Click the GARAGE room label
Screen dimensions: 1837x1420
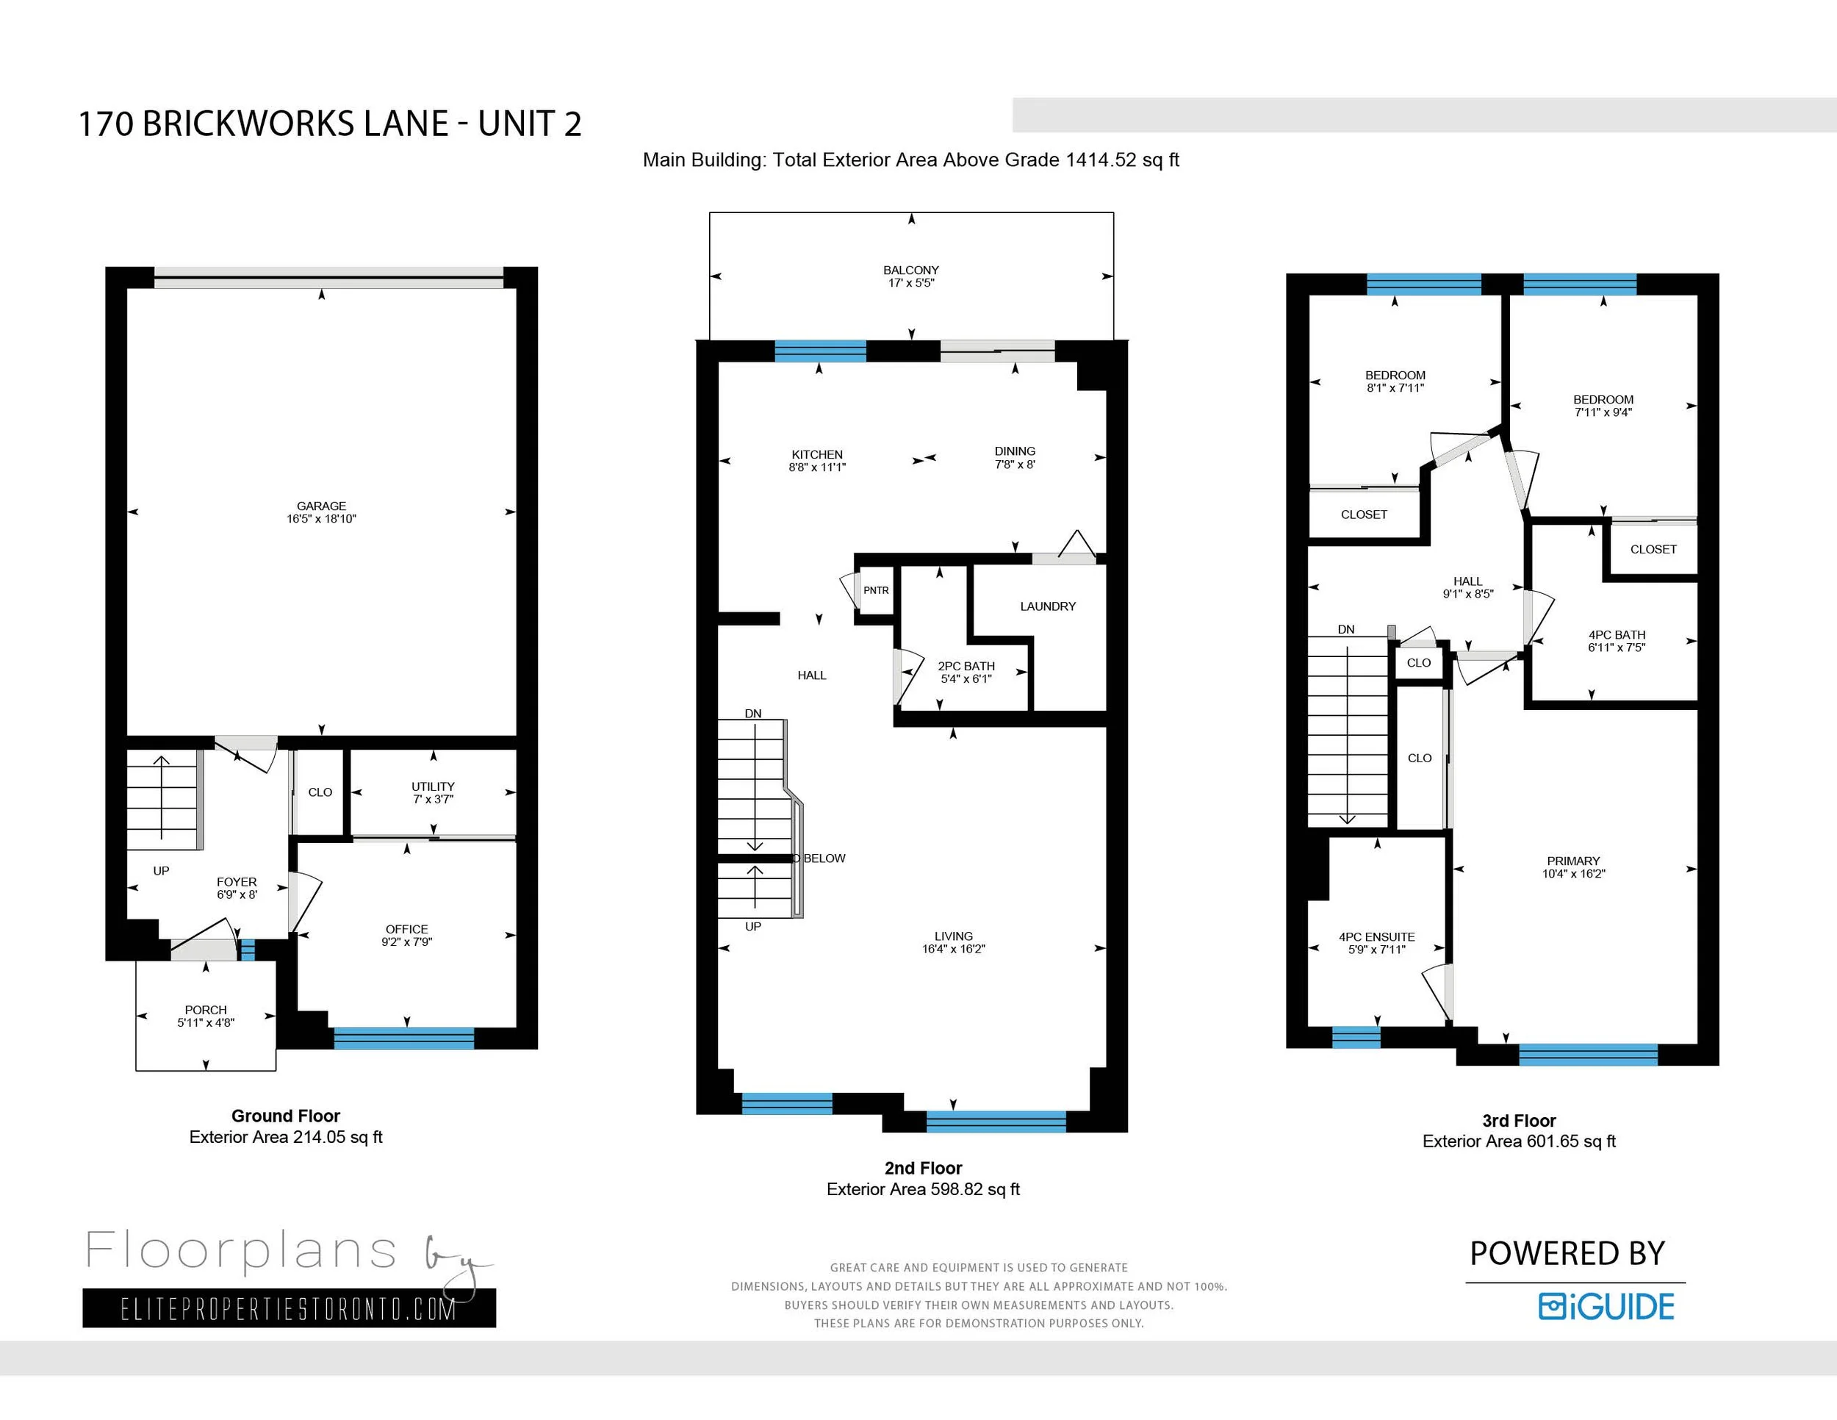(x=321, y=506)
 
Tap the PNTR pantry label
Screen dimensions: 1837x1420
(x=876, y=590)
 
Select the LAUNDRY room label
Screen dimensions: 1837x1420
(x=1048, y=606)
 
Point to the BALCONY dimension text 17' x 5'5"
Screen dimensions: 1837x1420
(x=911, y=283)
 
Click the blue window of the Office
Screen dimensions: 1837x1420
(x=403, y=1038)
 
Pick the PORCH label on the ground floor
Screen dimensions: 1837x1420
(x=206, y=1009)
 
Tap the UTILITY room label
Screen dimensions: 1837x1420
(x=434, y=786)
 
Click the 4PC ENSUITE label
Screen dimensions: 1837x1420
(x=1377, y=936)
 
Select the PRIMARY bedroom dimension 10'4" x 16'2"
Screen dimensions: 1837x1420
(x=1574, y=873)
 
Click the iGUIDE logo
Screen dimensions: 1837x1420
(x=1606, y=1305)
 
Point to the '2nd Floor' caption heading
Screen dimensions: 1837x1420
(x=923, y=1168)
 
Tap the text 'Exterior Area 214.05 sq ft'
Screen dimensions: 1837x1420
(x=286, y=1136)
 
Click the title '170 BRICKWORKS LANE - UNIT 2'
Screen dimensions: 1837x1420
(x=330, y=123)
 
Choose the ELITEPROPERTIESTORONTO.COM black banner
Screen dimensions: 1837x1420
(x=290, y=1308)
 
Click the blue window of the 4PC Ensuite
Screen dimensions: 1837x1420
(x=1356, y=1037)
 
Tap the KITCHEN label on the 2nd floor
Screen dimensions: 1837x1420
(x=816, y=454)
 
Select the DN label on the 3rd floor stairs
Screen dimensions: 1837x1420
(x=1346, y=629)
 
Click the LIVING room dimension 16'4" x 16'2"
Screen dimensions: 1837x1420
(x=953, y=948)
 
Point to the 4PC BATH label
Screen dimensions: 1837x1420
(x=1617, y=634)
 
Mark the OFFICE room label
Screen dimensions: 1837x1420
(x=407, y=929)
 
